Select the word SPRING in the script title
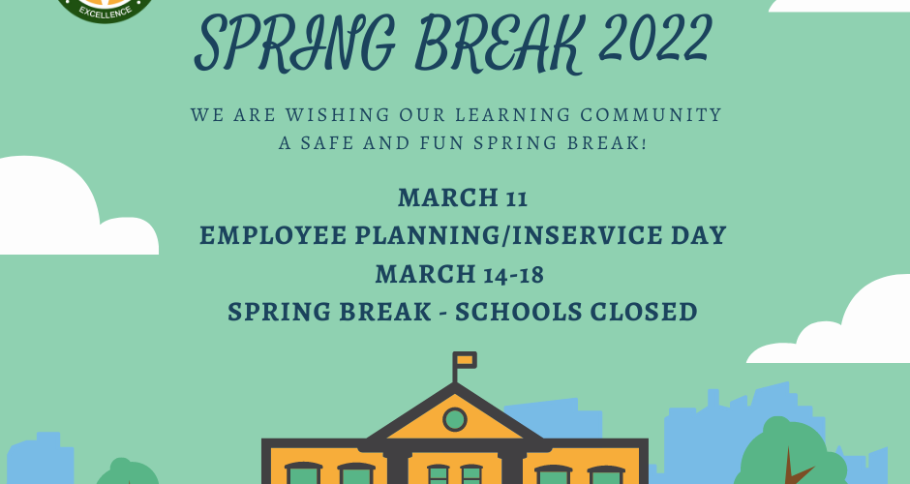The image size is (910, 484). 296,45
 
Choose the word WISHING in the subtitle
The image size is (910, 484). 338,114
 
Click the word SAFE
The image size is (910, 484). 327,142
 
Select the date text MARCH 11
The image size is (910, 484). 463,197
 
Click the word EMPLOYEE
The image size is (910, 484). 273,235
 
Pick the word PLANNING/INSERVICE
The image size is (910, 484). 509,235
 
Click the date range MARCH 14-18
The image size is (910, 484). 460,274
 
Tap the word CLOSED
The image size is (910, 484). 644,312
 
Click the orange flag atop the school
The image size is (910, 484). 466,360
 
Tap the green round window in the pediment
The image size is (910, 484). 454,419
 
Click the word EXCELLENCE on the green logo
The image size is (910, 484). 106,12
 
